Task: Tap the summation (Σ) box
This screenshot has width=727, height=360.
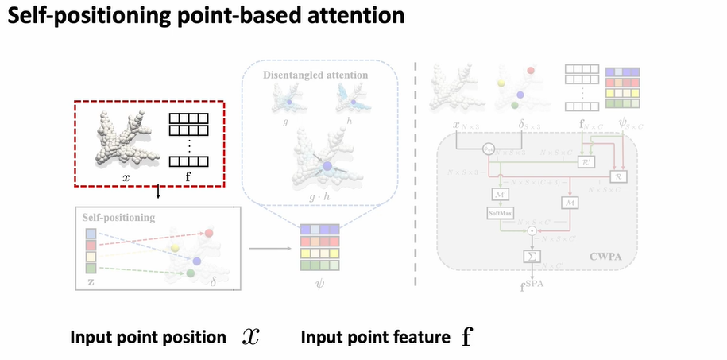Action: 530,256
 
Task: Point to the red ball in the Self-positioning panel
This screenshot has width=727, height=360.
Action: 210,234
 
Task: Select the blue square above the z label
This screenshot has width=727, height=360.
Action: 92,234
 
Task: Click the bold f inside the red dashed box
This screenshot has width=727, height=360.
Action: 188,172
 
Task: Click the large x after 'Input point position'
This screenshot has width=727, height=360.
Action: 251,337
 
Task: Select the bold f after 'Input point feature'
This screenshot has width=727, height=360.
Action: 466,337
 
